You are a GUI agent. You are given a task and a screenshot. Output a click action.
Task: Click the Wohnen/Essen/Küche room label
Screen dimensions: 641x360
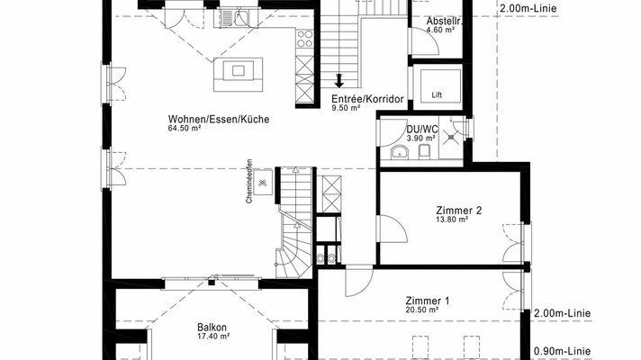click(x=219, y=120)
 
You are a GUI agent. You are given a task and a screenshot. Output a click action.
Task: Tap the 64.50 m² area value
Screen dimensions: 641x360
click(x=184, y=129)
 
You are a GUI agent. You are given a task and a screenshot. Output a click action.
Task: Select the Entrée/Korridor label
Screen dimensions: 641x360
click(x=367, y=99)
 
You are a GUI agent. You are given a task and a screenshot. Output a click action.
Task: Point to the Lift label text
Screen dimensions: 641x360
click(x=437, y=95)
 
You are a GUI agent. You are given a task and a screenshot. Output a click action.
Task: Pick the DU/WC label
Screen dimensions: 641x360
click(x=422, y=130)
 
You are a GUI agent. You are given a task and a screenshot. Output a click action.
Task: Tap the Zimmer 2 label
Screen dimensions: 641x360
click(x=458, y=211)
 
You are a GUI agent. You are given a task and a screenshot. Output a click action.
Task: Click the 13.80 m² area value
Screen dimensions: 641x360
click(x=452, y=220)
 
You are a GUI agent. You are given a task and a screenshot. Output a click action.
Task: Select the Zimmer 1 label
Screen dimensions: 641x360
click(x=428, y=301)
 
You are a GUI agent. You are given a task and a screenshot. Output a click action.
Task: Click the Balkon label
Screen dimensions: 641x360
click(x=212, y=328)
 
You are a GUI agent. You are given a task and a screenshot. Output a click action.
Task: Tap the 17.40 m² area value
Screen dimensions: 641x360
click(x=213, y=337)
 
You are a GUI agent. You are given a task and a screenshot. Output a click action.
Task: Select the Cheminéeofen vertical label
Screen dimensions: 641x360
click(x=248, y=181)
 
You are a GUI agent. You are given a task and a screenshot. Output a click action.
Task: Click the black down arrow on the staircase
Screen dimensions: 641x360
click(x=339, y=80)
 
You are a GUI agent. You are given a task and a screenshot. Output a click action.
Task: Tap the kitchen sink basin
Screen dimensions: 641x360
click(x=240, y=18)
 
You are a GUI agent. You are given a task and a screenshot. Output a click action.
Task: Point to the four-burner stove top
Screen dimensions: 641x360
click(x=304, y=40)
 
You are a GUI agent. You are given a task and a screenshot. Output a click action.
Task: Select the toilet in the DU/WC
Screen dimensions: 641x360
click(x=424, y=151)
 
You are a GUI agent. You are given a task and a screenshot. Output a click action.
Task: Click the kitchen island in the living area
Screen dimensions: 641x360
click(x=238, y=75)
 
